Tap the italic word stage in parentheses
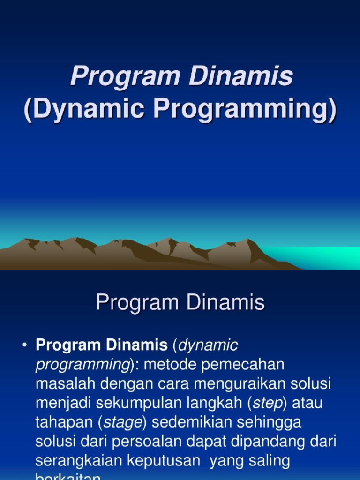(123, 422)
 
